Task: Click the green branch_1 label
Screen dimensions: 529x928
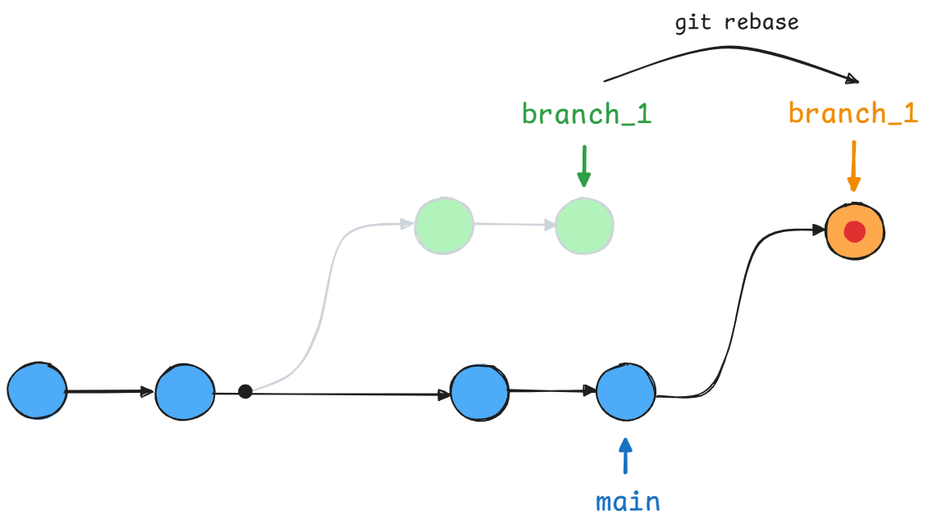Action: point(586,114)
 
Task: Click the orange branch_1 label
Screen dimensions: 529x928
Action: point(853,113)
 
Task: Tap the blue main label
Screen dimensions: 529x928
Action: point(628,501)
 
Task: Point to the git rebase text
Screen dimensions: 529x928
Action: point(736,23)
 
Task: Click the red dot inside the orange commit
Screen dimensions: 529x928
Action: point(854,232)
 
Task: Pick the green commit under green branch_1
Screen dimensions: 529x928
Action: point(584,226)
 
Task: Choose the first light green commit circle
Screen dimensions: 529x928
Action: point(444,226)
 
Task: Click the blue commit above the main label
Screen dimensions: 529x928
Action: point(625,392)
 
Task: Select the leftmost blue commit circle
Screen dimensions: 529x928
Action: point(37,391)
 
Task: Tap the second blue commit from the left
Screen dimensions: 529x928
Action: point(185,393)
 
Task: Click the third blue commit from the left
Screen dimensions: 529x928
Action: point(479,392)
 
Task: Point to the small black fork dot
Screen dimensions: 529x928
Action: point(245,391)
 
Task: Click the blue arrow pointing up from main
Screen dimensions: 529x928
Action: point(626,456)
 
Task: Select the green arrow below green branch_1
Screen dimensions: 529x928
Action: point(583,166)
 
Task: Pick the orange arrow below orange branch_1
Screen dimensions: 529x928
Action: point(853,166)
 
